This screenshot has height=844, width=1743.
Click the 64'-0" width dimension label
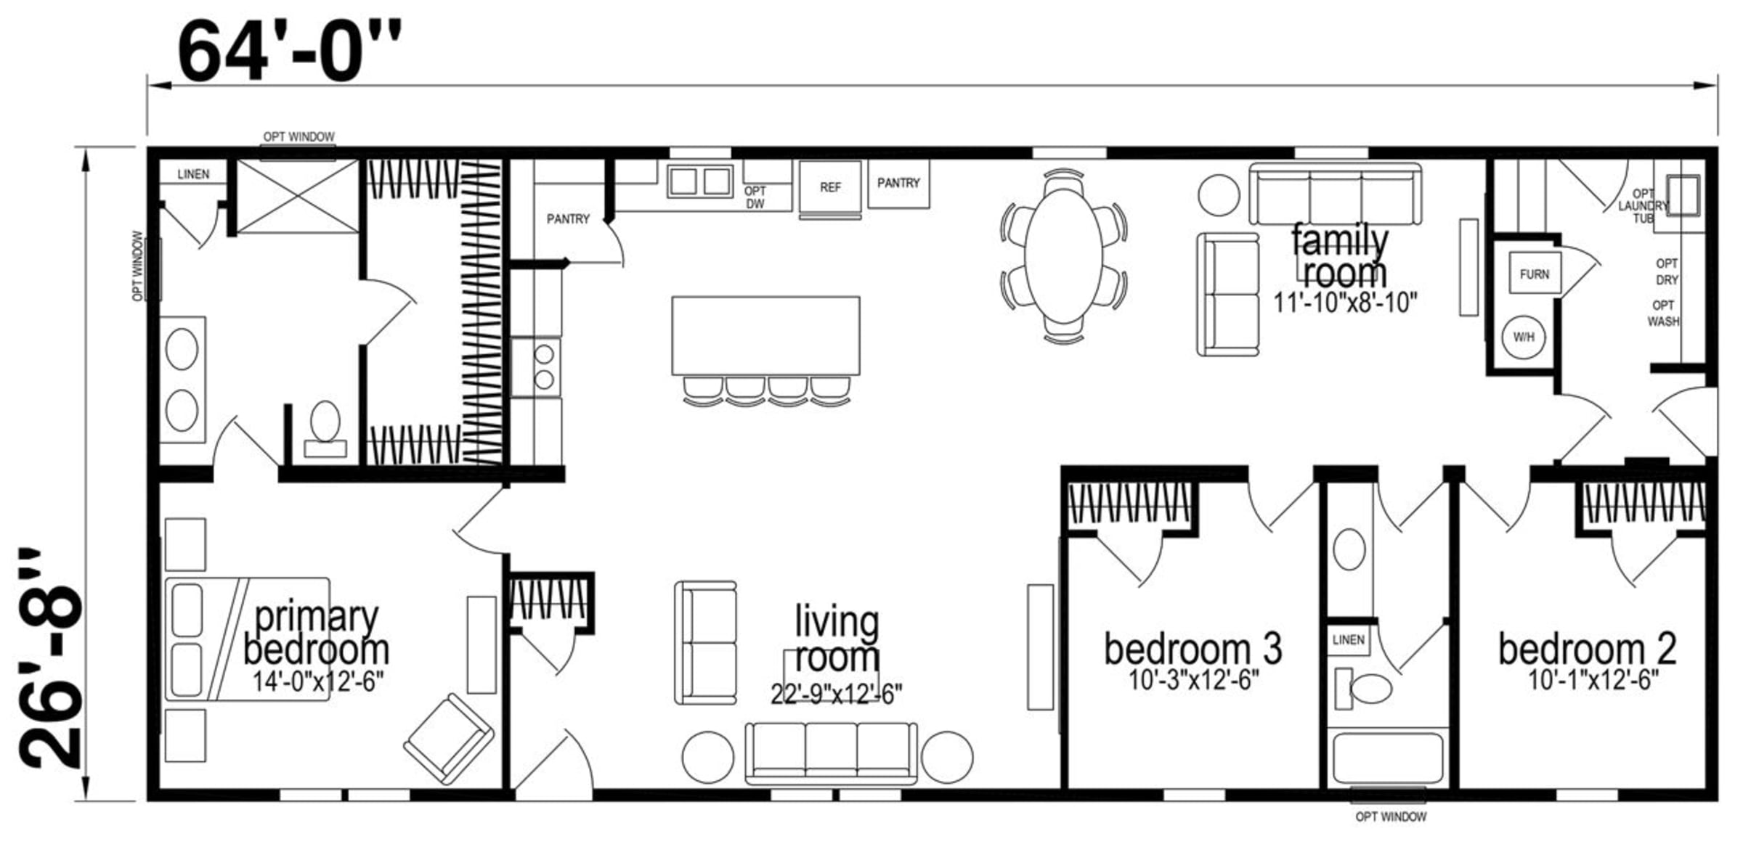[x=289, y=51]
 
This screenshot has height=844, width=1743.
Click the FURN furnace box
[x=1535, y=274]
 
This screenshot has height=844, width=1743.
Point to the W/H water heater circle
[x=1524, y=337]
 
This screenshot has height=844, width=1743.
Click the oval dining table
[x=1064, y=255]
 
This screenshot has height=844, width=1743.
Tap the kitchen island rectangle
[x=766, y=335]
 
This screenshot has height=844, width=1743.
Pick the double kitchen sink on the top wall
[x=700, y=181]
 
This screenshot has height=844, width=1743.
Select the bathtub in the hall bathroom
[x=1388, y=759]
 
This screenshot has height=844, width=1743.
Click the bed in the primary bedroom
[x=248, y=639]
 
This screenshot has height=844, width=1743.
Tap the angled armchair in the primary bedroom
[x=449, y=739]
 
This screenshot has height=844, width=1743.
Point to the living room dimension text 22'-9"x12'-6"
[x=836, y=694]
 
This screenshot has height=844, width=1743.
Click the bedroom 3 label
[x=1193, y=648]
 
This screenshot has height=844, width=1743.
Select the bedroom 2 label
[x=1588, y=648]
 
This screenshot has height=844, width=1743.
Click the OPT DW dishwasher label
[x=755, y=197]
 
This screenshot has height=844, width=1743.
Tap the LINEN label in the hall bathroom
[x=1349, y=640]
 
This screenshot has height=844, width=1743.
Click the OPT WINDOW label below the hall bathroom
[x=1391, y=817]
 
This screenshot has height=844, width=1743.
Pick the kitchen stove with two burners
[x=536, y=367]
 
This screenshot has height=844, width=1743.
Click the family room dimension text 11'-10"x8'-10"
[x=1345, y=303]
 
